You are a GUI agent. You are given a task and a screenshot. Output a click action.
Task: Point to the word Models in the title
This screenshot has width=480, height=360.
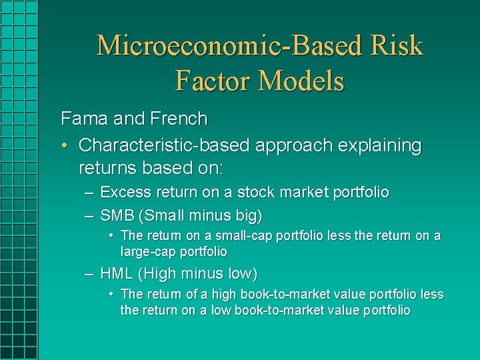[301, 81]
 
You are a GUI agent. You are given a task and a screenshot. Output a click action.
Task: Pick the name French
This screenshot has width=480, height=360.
[179, 119]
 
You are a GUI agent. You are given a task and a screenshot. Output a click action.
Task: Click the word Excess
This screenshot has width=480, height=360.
[126, 193]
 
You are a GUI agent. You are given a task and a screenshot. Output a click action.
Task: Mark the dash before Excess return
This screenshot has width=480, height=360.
[89, 193]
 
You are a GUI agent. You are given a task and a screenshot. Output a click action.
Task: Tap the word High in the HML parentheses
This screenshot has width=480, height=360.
[158, 274]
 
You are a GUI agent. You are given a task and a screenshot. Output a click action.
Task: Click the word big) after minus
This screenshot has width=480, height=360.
[249, 216]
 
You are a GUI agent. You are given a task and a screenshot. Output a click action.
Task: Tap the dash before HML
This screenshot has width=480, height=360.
[89, 274]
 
